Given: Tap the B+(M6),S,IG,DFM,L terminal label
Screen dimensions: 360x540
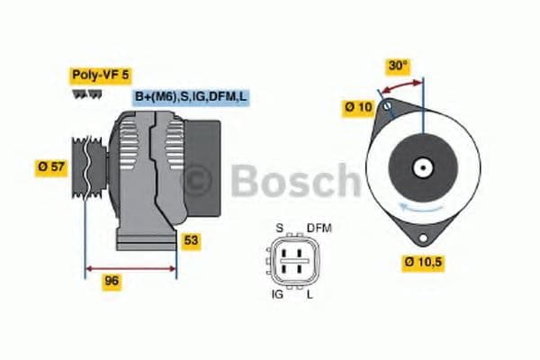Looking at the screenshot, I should [x=191, y=97].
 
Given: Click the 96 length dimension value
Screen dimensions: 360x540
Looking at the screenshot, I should [x=112, y=282].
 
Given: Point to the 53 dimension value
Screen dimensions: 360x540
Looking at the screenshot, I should [x=191, y=240].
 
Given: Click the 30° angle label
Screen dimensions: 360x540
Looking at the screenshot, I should [x=397, y=66].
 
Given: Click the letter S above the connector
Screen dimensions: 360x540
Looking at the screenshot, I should [x=279, y=228].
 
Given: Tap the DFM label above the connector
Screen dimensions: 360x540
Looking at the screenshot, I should [x=319, y=228].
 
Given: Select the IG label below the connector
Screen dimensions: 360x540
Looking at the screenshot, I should [x=278, y=293].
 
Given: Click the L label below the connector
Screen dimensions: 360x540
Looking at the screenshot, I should [x=310, y=293].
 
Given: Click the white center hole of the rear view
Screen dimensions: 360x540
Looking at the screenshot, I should [x=421, y=166].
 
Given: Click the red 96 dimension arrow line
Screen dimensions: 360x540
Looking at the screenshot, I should [x=130, y=267].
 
